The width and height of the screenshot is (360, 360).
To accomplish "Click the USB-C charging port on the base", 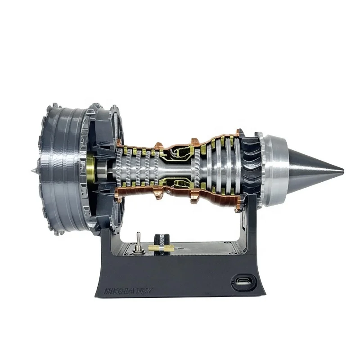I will click(241, 284).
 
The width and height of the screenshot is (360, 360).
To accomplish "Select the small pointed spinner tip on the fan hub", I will click(32, 171).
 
